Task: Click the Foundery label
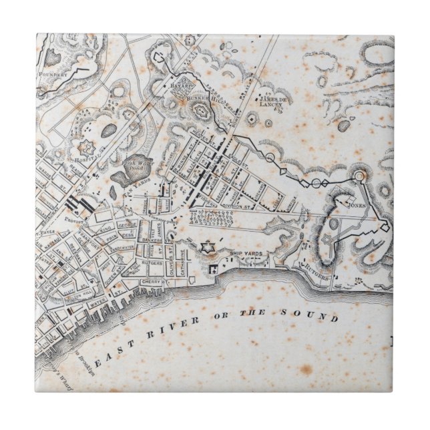tap(53, 74)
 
